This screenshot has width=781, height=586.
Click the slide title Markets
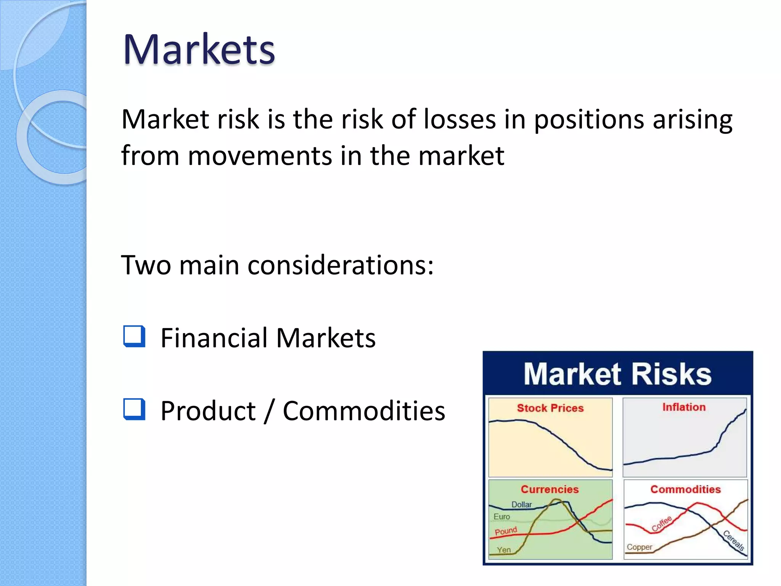point(199,50)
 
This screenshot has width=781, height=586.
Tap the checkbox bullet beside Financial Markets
point(134,336)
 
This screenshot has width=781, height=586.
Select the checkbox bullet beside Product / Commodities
point(134,409)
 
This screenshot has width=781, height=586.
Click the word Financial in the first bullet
point(214,338)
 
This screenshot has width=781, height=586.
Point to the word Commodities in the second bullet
point(364,411)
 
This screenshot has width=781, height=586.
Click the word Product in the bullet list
point(208,411)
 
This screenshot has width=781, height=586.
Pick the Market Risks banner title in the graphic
point(617,374)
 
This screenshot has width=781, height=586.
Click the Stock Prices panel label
point(550,408)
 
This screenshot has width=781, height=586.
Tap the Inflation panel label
point(684,407)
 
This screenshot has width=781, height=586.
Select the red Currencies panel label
point(550,489)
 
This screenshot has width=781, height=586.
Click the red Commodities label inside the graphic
point(685,489)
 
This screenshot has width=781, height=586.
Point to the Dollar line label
point(521,504)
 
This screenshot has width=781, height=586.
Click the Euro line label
point(501,517)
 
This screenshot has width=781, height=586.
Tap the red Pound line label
point(506,531)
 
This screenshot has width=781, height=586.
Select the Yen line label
point(503,550)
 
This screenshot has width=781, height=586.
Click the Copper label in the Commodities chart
point(640,547)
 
